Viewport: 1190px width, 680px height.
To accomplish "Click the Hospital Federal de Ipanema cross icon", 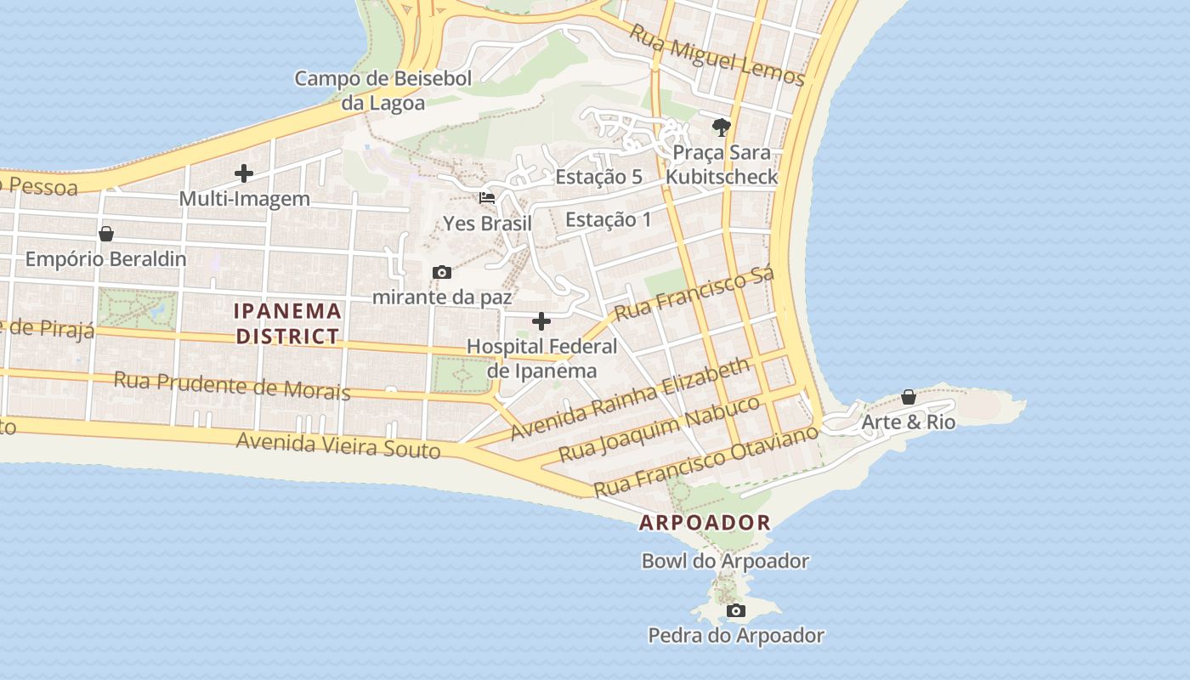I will point(541,321).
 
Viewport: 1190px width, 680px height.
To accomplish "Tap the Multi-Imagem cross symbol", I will point(244,173).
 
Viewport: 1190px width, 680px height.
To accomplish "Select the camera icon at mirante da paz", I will point(441,272).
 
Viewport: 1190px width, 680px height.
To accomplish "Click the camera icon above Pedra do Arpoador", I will point(736,610).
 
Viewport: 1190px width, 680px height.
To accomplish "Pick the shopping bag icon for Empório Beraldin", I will point(106,233).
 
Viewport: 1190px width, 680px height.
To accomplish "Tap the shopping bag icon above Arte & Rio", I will point(909,397).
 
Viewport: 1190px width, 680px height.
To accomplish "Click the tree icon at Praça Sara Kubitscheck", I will point(722,127).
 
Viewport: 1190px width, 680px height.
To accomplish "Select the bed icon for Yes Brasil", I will point(487,198).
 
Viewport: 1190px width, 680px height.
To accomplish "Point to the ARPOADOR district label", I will point(705,523).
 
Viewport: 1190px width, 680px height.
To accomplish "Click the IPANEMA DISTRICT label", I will point(288,323).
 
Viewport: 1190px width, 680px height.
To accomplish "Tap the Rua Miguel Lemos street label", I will point(717,54).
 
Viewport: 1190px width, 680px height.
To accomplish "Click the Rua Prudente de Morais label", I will point(232,385).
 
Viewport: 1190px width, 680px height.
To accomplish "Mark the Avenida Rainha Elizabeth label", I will point(630,399).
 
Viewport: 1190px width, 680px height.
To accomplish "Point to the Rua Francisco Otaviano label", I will point(705,461).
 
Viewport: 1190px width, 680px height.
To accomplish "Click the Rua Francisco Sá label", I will point(694,293).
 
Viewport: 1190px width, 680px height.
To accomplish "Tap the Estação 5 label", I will point(598,177).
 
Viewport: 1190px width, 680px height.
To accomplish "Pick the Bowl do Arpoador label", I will point(725,561).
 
